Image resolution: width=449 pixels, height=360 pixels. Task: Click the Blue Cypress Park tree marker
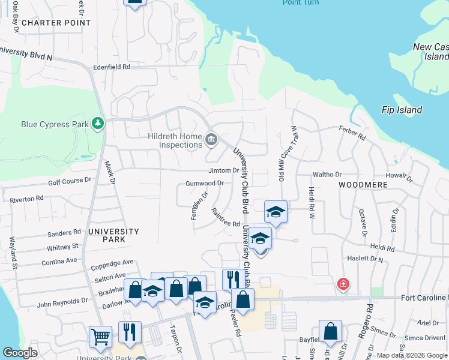pos(97,124)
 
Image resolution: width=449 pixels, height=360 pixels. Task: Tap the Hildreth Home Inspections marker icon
pos(211,140)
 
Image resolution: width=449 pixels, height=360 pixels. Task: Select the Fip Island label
pos(402,110)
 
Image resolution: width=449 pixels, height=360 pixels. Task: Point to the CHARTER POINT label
pos(56,23)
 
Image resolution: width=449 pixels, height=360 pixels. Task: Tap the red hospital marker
pos(343,283)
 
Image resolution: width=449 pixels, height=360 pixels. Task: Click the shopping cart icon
pos(100,337)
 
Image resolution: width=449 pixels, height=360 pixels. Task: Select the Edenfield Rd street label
pos(112,67)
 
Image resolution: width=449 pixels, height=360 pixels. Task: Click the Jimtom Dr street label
pos(223,170)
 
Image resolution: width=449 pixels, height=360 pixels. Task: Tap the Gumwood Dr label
pos(205,183)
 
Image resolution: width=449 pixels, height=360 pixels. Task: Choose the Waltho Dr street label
pos(327,175)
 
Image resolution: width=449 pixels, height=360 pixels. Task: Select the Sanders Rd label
pos(64,233)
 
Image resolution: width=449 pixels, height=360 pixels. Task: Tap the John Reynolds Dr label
pos(62,304)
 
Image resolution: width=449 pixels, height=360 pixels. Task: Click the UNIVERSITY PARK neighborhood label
pos(113,235)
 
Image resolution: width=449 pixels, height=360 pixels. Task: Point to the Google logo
pos(20,353)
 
